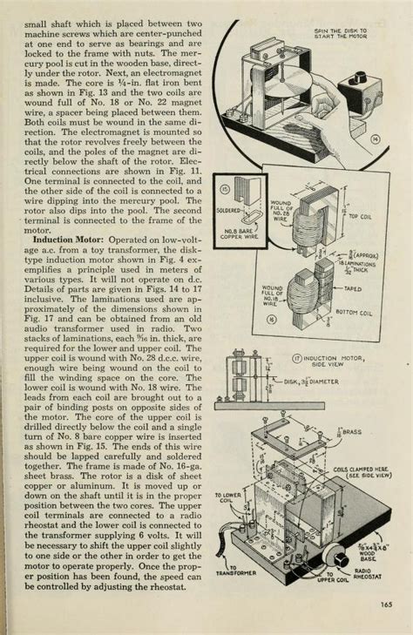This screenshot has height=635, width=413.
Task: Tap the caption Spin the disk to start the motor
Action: pyautogui.click(x=341, y=33)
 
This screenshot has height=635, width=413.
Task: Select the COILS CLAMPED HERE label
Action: pyautogui.click(x=360, y=472)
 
